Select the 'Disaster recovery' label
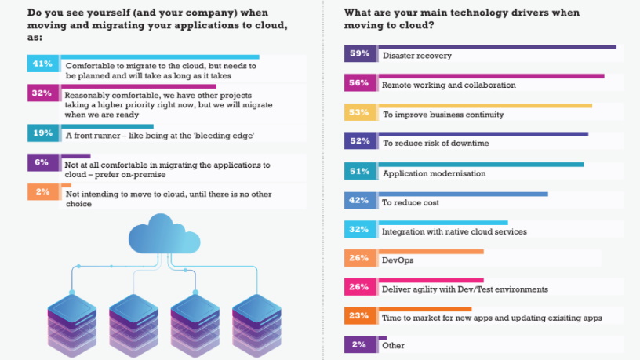pos(416,56)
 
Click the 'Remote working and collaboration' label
pos(448,85)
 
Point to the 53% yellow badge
pos(358,114)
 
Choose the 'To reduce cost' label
pos(410,202)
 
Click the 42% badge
pos(358,202)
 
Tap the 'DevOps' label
pos(397,260)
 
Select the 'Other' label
pos(393,345)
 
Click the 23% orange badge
pos(358,317)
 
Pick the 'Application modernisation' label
pos(434,173)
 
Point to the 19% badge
pos(42,134)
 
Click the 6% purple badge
pos(42,163)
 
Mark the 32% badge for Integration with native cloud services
pos(358,231)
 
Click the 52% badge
pos(358,142)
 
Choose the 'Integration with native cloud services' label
pos(454,232)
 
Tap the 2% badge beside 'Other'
pos(358,344)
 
